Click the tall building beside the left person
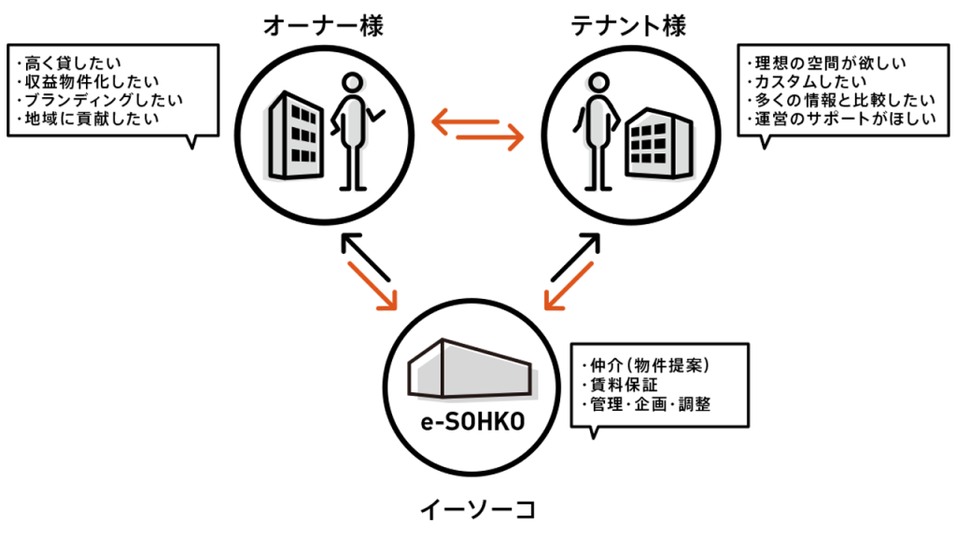(290, 137)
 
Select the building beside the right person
(663, 148)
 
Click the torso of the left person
(356, 121)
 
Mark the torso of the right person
(594, 121)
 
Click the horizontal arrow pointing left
(464, 121)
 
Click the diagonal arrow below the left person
(373, 286)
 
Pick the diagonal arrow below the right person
(569, 286)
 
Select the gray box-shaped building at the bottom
(472, 371)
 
